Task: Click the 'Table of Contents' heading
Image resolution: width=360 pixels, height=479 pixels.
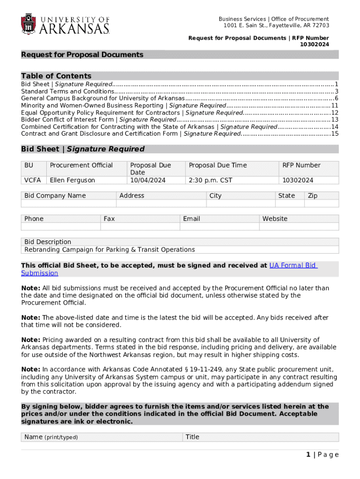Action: pos(56,76)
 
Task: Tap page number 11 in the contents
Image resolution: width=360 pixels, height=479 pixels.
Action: pos(334,105)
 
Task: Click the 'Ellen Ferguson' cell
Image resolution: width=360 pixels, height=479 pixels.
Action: pos(72,180)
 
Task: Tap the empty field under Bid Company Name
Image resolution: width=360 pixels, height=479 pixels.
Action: pos(69,203)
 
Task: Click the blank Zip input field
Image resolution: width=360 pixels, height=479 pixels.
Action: pos(322,203)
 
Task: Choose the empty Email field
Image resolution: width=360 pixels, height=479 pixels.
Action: pos(219,226)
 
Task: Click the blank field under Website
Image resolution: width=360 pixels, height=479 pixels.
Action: pos(299,226)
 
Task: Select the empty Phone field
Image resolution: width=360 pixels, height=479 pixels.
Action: pos(61,226)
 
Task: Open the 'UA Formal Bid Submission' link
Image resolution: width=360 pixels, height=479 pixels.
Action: pos(293,265)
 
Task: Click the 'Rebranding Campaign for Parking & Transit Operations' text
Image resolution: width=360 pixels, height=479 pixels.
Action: pos(109,249)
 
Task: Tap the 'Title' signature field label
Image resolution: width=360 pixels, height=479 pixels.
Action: pos(192,437)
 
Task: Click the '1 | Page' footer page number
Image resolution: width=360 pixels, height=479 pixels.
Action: pos(322,455)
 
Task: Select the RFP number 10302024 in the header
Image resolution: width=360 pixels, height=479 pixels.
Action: pos(314,44)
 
